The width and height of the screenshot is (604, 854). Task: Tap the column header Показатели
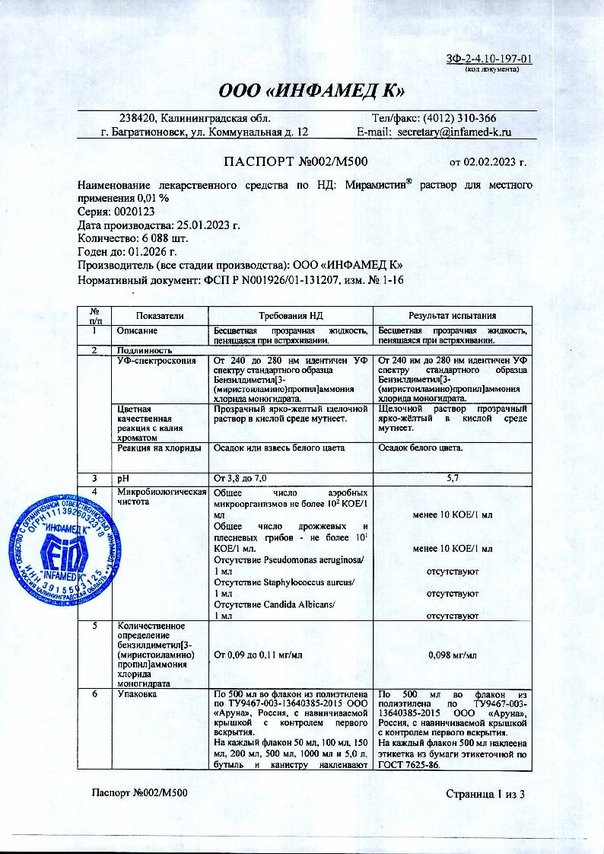[160, 315]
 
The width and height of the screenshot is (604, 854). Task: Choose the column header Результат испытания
[452, 315]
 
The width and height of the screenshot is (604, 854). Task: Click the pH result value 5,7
[452, 478]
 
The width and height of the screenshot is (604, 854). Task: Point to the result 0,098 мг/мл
[452, 655]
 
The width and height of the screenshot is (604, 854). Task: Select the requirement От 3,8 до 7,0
[242, 478]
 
